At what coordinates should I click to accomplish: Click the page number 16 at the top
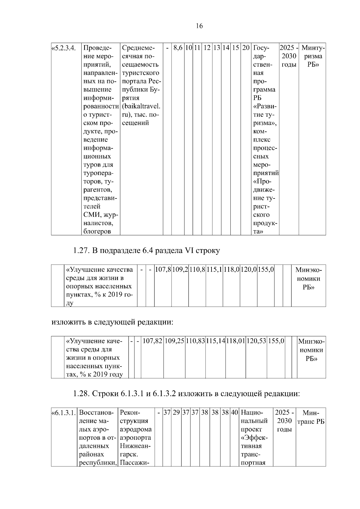pyautogui.click(x=199, y=26)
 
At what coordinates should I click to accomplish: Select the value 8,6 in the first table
pyautogui.click(x=178, y=48)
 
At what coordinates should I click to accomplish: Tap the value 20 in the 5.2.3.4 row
pyautogui.click(x=246, y=48)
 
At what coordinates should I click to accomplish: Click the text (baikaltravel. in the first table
pyautogui.click(x=141, y=106)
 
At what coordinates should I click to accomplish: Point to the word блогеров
pyautogui.click(x=97, y=231)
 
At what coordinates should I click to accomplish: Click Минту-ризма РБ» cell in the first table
pyautogui.click(x=312, y=56)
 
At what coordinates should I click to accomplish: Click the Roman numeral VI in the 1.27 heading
pyautogui.click(x=188, y=251)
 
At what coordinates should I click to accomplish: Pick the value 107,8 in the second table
pyautogui.click(x=163, y=269)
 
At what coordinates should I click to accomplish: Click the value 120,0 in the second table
pyautogui.click(x=248, y=269)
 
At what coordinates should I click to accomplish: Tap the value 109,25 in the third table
pyautogui.click(x=174, y=341)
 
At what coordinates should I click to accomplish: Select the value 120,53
pyautogui.click(x=256, y=341)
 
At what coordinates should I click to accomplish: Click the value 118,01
pyautogui.click(x=236, y=341)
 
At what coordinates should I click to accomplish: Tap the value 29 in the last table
pyautogui.click(x=176, y=412)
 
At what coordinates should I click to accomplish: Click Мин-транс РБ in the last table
pyautogui.click(x=311, y=417)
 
